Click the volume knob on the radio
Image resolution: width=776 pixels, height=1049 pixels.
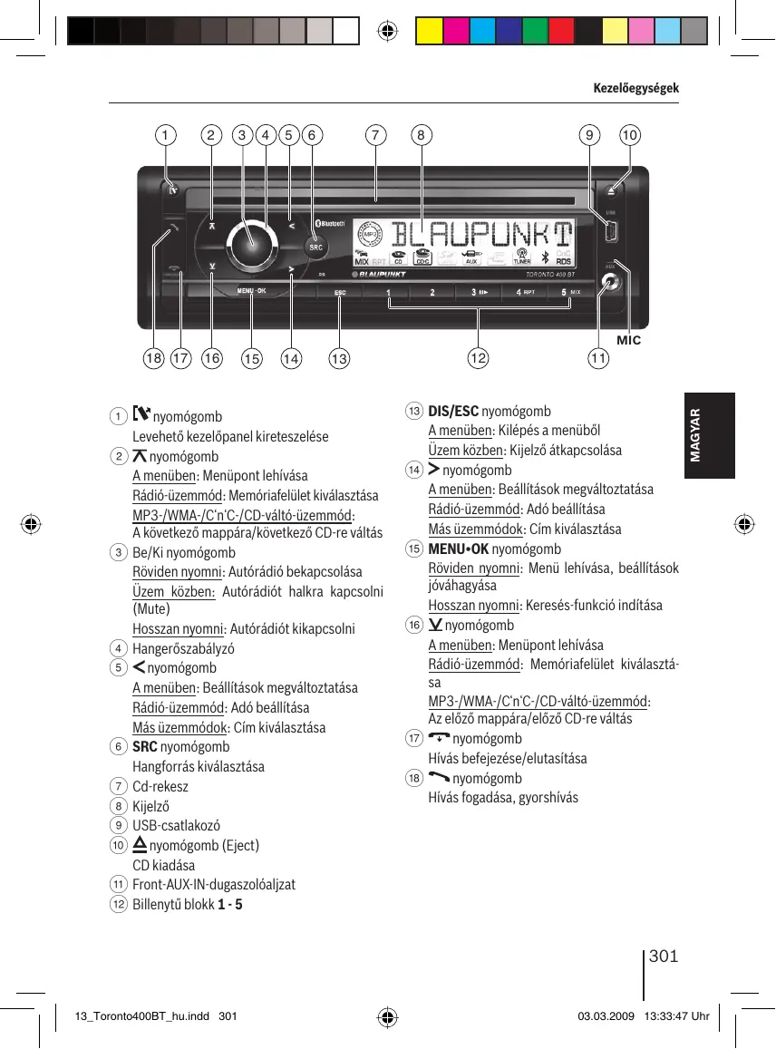(x=252, y=242)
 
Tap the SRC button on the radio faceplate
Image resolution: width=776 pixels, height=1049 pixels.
(x=315, y=247)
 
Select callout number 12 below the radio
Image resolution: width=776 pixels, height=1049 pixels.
(x=477, y=359)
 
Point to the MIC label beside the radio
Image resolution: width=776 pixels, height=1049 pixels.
(x=628, y=340)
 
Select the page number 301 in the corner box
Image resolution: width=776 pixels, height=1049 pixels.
(x=664, y=957)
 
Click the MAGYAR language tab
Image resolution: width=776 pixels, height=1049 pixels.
(x=695, y=435)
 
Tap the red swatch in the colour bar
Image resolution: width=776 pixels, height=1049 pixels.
(x=561, y=33)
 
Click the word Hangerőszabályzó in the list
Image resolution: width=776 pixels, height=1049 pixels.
(x=183, y=649)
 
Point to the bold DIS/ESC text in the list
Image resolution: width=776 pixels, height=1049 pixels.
(x=453, y=411)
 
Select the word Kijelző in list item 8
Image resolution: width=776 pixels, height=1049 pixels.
(x=150, y=806)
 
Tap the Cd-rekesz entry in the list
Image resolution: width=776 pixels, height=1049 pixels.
(x=160, y=786)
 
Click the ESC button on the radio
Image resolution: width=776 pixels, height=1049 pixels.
(x=341, y=293)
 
